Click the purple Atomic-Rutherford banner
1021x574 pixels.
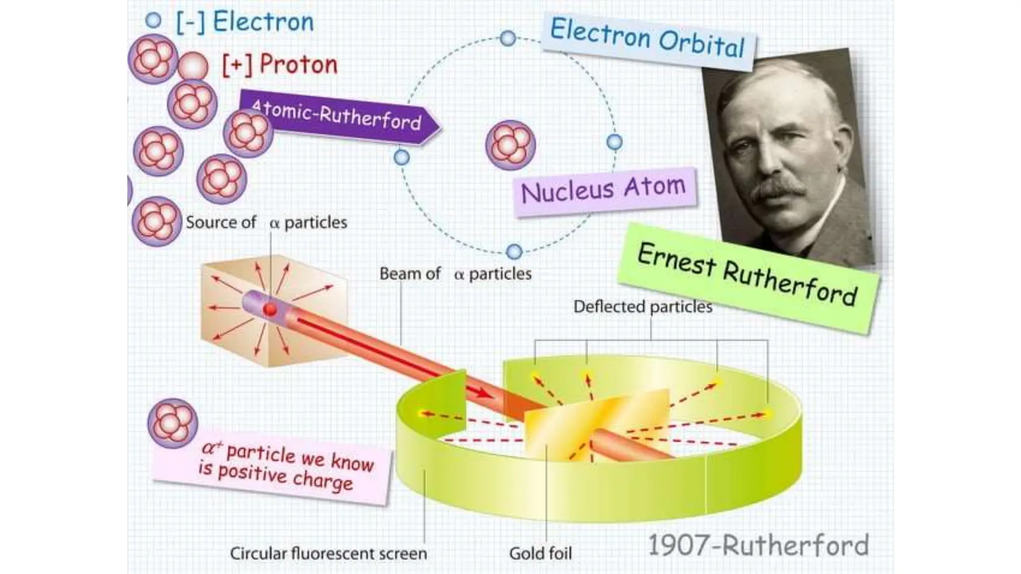point(339,118)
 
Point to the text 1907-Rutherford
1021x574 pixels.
point(758,545)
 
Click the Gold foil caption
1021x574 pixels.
point(540,553)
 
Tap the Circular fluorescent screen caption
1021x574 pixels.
point(328,553)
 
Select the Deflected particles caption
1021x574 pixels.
point(643,306)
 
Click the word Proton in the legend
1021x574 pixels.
point(298,65)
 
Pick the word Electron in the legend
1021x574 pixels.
point(263,22)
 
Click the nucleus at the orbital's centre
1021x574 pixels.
point(510,144)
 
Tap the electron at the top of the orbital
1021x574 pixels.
point(508,38)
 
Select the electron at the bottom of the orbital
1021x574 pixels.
point(514,252)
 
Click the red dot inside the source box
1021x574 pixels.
point(270,309)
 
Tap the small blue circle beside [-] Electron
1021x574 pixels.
point(153,20)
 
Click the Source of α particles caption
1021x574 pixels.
point(266,222)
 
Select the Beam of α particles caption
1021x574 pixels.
point(455,274)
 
